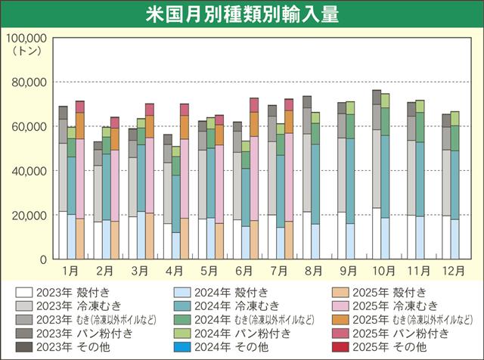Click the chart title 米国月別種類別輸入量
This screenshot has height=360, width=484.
click(x=241, y=15)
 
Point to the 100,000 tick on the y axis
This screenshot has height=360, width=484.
click(x=26, y=37)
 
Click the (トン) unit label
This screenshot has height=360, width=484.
click(x=29, y=50)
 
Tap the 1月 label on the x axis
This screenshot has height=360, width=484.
click(x=71, y=270)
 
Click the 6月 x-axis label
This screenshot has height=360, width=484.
click(x=244, y=270)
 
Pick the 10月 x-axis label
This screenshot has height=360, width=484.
click(x=381, y=270)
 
